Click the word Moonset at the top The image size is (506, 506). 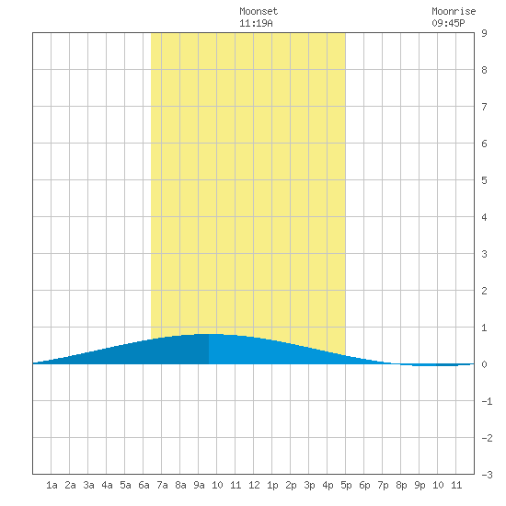[x=259, y=11]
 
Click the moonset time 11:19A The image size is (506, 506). [x=256, y=23]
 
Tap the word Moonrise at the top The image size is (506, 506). [x=454, y=11]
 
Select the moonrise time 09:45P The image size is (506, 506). [x=448, y=23]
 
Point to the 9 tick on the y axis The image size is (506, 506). [x=484, y=33]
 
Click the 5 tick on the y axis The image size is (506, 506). [x=484, y=180]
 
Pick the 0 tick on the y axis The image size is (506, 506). [x=484, y=364]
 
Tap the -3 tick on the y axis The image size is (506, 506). [x=487, y=475]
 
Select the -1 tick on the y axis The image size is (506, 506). [x=487, y=401]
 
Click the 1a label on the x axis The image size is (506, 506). [x=52, y=485]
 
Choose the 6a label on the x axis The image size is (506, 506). [x=144, y=485]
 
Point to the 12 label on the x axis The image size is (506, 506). [x=254, y=485]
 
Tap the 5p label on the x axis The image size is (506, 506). [x=346, y=485]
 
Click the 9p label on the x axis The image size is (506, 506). [x=420, y=485]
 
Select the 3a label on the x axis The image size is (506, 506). [x=88, y=485]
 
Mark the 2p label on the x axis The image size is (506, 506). [x=291, y=485]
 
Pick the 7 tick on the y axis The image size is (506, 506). [x=484, y=107]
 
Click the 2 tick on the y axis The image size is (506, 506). [x=484, y=291]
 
